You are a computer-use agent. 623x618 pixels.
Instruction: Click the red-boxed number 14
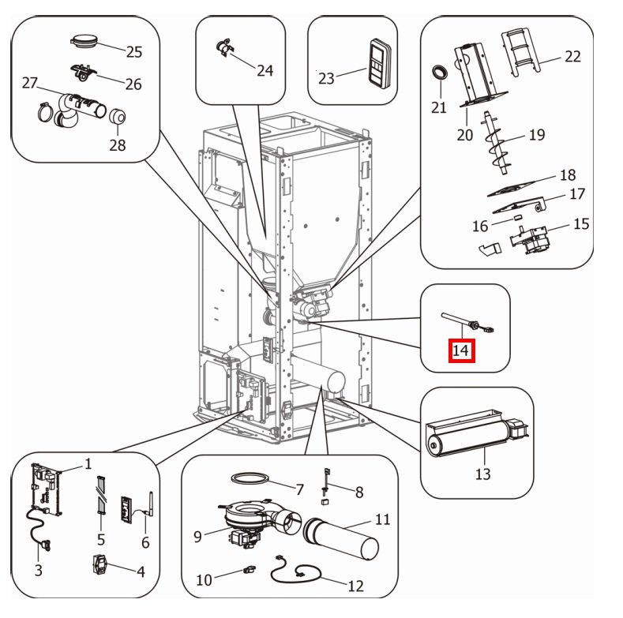461,349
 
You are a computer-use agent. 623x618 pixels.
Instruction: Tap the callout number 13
482,474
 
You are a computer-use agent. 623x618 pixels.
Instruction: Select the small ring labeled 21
439,73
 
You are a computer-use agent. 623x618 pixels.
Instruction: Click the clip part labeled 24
223,48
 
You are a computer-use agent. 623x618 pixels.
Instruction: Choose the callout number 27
30,83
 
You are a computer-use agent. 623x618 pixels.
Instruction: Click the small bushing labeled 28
118,117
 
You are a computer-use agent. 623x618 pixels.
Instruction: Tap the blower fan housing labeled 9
249,518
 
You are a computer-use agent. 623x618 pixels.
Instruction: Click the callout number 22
572,56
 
